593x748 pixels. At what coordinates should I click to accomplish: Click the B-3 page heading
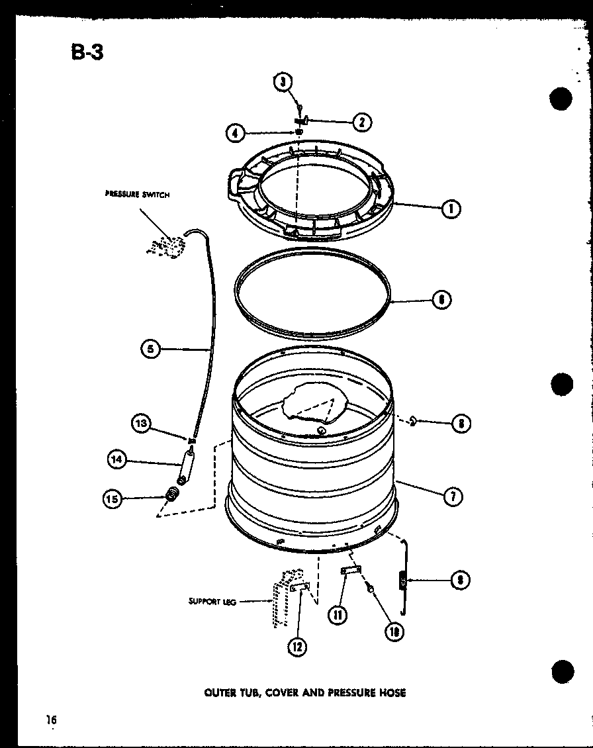pyautogui.click(x=87, y=52)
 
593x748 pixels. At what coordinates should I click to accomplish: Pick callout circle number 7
pyautogui.click(x=453, y=496)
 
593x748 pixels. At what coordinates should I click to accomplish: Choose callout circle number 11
pyautogui.click(x=338, y=615)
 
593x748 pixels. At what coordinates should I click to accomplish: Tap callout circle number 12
pyautogui.click(x=297, y=647)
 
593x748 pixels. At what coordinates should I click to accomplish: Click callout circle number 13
pyautogui.click(x=141, y=423)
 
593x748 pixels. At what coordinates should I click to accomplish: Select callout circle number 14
pyautogui.click(x=118, y=459)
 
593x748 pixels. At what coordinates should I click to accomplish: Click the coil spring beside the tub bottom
pyautogui.click(x=401, y=581)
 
